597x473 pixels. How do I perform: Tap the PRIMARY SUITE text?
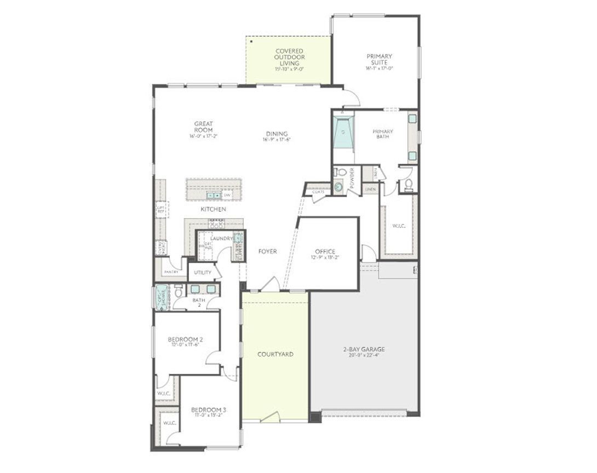click(x=380, y=59)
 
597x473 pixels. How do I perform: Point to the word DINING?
click(x=277, y=134)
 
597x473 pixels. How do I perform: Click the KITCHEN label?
click(x=213, y=209)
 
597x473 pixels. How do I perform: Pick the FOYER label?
click(x=267, y=252)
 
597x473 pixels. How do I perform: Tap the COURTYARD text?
click(x=275, y=355)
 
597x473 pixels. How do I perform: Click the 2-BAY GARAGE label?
click(x=364, y=349)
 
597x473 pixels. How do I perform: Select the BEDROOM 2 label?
click(x=186, y=340)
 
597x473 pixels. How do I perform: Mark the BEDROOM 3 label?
click(x=208, y=410)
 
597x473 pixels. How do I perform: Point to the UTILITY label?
click(x=202, y=272)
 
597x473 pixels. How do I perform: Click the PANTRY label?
click(x=171, y=272)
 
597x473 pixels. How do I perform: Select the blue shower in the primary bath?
click(x=343, y=132)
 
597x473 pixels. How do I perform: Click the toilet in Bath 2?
click(x=179, y=292)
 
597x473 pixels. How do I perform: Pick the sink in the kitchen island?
click(x=214, y=195)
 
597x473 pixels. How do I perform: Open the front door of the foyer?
click(x=269, y=286)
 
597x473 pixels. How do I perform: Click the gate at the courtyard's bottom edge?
click(x=268, y=418)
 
